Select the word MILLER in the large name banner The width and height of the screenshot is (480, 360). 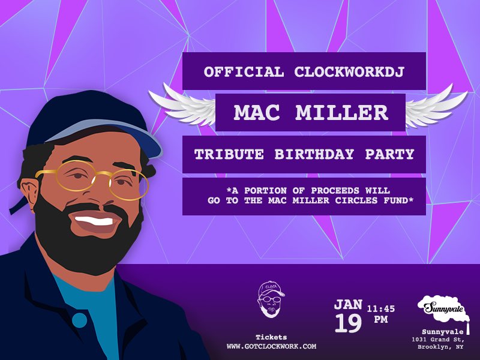pos(345,112)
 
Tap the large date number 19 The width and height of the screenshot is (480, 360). pos(348,323)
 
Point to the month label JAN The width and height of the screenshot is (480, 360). pos(348,304)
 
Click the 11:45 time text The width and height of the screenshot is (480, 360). pos(381,308)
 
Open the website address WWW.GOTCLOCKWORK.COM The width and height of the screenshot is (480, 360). pos(271,346)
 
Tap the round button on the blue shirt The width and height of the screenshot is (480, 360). pos(79,320)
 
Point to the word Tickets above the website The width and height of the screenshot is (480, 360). pos(271,337)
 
